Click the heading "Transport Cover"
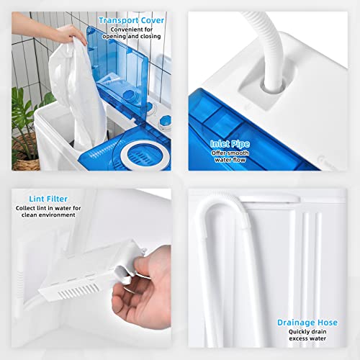[131, 20]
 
